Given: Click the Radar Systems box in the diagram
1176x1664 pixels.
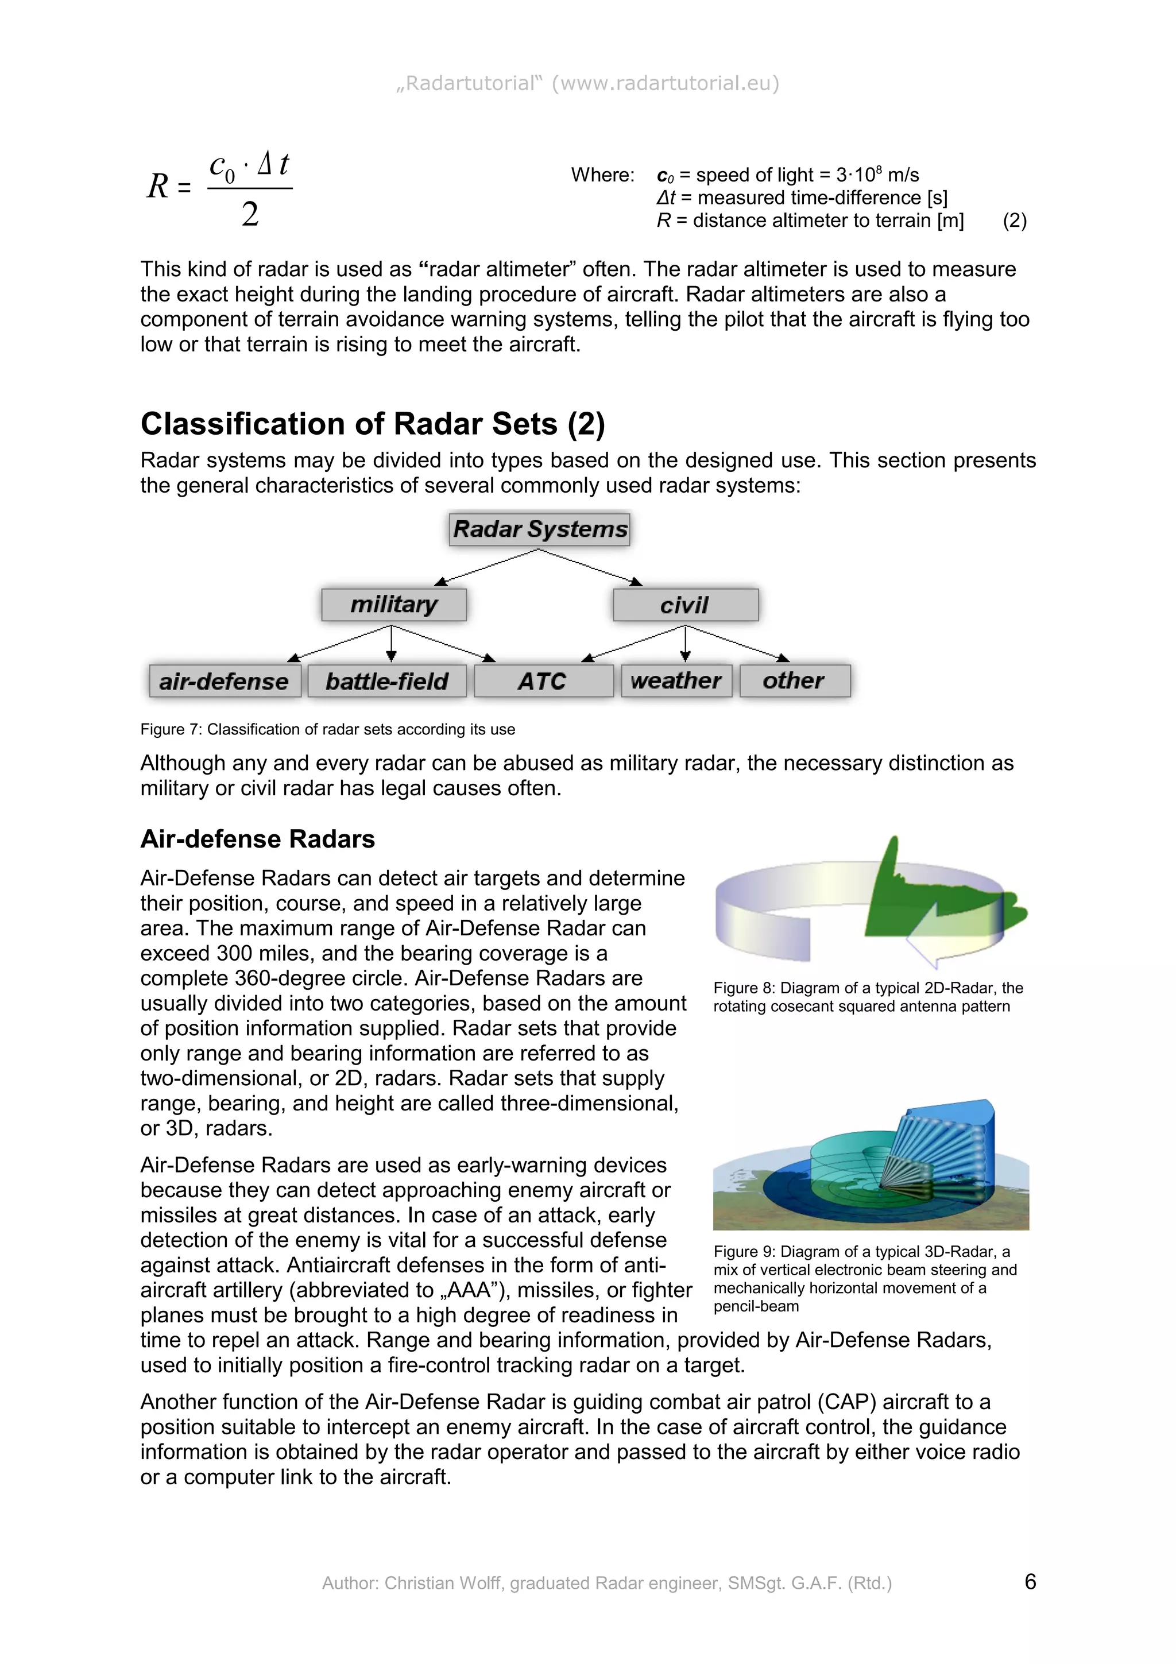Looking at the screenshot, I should click(539, 529).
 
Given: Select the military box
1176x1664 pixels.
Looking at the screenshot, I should click(393, 605).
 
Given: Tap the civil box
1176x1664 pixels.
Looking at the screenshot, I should click(684, 605).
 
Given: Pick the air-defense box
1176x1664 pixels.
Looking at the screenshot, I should click(224, 681).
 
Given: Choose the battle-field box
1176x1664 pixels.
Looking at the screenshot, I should click(386, 681).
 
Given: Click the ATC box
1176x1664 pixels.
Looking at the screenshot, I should click(543, 681).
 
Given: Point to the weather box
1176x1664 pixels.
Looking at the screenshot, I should click(675, 680).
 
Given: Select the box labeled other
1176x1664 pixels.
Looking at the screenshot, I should click(794, 680).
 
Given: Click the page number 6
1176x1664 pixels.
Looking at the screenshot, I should click(1030, 1581).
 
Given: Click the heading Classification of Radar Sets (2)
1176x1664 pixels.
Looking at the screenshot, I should click(373, 424).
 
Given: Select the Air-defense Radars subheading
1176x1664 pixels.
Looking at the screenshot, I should click(257, 838).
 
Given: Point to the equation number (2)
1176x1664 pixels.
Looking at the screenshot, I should click(1015, 220).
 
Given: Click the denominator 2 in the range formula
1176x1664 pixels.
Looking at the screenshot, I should click(250, 215).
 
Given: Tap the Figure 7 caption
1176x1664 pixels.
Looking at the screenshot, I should click(327, 729).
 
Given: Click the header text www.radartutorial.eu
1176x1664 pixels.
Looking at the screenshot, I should click(664, 83).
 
